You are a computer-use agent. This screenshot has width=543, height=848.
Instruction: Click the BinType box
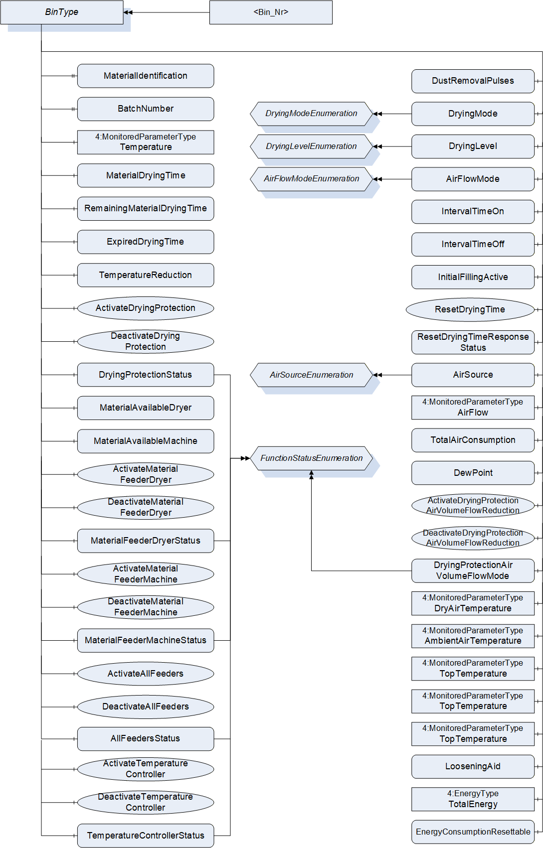(62, 12)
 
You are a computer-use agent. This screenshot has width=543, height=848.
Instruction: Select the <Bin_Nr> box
(271, 12)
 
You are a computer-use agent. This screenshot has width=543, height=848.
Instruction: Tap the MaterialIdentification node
(146, 76)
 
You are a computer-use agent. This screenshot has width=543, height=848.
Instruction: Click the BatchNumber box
(146, 109)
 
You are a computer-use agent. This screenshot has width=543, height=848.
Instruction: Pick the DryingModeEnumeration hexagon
(312, 114)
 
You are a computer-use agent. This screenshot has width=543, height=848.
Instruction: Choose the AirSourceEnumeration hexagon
(312, 375)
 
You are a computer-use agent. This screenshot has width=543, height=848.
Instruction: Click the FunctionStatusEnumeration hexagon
(312, 458)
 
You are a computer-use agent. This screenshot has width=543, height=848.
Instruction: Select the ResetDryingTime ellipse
(470, 310)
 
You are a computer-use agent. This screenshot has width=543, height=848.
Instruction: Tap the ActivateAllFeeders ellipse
(146, 674)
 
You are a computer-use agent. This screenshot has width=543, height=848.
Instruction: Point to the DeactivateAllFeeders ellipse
(146, 707)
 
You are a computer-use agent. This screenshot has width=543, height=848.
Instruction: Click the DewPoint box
(473, 473)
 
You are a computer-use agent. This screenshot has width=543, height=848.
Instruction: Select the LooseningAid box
(473, 767)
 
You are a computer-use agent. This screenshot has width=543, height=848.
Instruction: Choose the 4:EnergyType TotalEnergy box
(473, 799)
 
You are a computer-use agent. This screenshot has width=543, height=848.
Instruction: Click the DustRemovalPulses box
(473, 81)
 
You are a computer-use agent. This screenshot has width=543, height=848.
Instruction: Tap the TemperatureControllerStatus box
(146, 836)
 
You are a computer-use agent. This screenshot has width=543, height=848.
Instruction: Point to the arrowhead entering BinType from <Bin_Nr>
(128, 12)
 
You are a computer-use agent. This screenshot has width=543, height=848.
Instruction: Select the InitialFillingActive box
(473, 277)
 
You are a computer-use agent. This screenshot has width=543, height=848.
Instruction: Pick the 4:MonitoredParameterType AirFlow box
(473, 408)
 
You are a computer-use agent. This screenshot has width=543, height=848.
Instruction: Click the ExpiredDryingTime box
(146, 242)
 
